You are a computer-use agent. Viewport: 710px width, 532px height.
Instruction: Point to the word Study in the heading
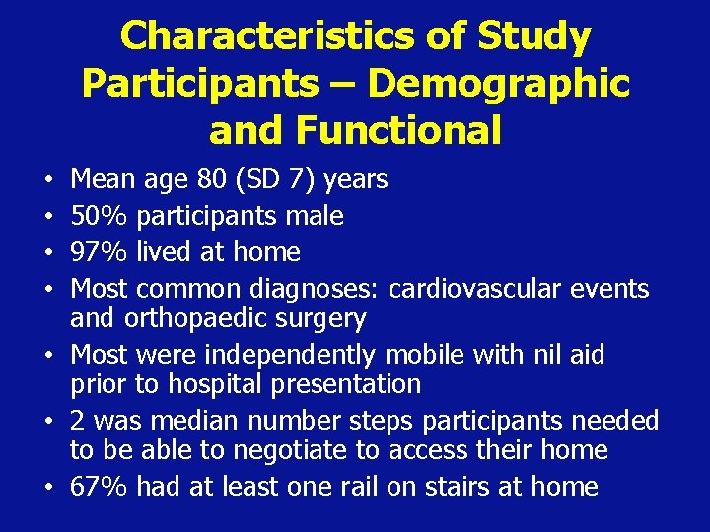pyautogui.click(x=535, y=37)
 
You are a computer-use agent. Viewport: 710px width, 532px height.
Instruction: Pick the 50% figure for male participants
pyautogui.click(x=100, y=216)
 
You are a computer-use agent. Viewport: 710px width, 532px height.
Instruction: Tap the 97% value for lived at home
pyautogui.click(x=100, y=252)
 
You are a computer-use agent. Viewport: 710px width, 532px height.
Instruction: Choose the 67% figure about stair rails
pyautogui.click(x=100, y=487)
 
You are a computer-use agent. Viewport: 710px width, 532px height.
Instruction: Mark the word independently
pyautogui.click(x=297, y=354)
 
